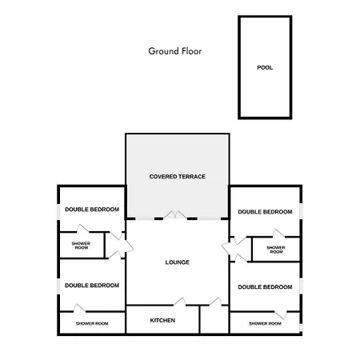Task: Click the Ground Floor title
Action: point(175,51)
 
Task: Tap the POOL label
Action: point(265,68)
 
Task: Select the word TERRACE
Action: point(192,177)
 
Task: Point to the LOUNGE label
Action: point(178,262)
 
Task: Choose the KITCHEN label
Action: point(162,321)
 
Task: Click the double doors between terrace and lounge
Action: point(175,215)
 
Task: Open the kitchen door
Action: point(180,302)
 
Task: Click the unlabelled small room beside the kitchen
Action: point(214,319)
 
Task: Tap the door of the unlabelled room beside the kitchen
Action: point(215,302)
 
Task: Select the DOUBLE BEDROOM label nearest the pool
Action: point(265,212)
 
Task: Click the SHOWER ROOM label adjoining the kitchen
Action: point(92,324)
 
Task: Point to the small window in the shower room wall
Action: point(301,327)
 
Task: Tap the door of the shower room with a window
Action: point(281,314)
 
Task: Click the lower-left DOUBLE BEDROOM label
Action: point(92,286)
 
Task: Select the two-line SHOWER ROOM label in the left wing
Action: point(81,246)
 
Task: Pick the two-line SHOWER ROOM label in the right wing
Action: point(276,250)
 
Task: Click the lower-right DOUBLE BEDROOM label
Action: point(265,287)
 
